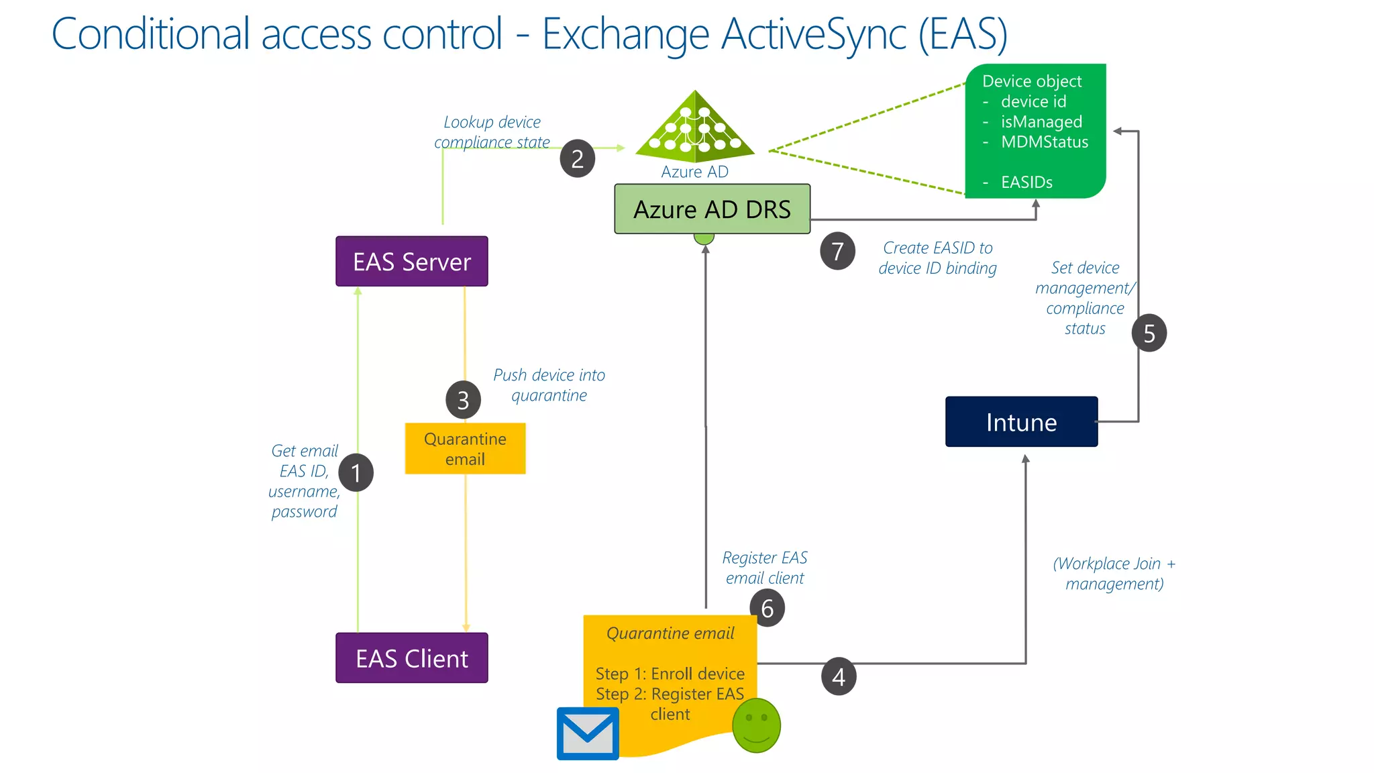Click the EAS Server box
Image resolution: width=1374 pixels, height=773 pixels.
411,261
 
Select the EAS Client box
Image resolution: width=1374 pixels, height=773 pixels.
411,658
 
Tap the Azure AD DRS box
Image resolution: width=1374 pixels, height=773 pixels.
712,209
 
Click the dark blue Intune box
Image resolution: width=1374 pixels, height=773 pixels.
1021,422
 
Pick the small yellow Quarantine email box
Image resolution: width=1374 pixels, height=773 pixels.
465,448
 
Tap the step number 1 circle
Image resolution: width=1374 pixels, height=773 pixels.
356,473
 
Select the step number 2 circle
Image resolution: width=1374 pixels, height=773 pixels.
577,159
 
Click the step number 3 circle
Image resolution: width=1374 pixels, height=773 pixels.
463,400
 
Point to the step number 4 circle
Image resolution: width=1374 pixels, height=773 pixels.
838,676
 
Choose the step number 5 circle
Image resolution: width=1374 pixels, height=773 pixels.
1149,333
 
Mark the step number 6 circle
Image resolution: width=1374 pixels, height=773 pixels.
767,608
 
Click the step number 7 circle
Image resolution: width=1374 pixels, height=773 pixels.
837,251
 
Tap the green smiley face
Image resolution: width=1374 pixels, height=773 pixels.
756,725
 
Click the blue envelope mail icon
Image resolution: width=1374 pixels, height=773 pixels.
588,733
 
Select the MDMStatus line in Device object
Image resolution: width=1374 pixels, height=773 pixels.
1044,142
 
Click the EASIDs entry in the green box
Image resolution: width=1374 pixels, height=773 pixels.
1026,182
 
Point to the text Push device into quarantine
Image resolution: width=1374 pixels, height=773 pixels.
549,385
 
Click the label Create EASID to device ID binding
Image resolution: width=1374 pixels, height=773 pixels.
937,258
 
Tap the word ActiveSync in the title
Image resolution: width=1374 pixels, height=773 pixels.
813,34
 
